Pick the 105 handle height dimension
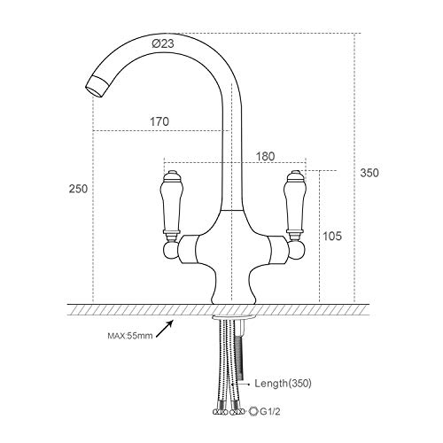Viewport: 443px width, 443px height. (333, 236)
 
